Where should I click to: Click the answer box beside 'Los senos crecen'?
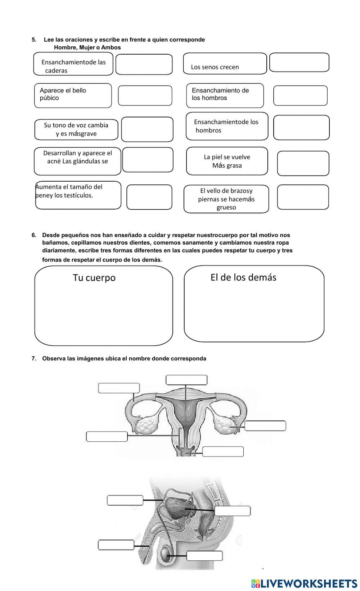tap(299, 63)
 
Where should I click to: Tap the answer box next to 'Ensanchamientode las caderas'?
tap(144, 64)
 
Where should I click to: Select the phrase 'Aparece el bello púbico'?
tap(63, 94)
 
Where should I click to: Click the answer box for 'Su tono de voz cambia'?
tap(147, 129)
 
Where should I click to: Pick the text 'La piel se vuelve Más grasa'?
tap(227, 161)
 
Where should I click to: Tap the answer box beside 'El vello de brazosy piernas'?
tap(303, 197)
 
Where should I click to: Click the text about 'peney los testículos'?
tap(68, 191)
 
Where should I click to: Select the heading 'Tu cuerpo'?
tap(94, 278)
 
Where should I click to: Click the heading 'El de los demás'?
tap(243, 277)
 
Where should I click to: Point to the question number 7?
tap(34, 359)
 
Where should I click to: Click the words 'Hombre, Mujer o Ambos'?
tap(87, 47)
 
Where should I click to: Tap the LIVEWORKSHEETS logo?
tap(304, 583)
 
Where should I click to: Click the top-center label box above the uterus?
tap(186, 380)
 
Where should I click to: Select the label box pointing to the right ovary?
tap(265, 426)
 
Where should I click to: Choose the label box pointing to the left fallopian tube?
tap(119, 388)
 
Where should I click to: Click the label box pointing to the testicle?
tap(204, 556)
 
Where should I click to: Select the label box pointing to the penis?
tap(116, 545)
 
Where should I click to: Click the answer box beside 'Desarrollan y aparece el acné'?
tap(148, 160)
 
